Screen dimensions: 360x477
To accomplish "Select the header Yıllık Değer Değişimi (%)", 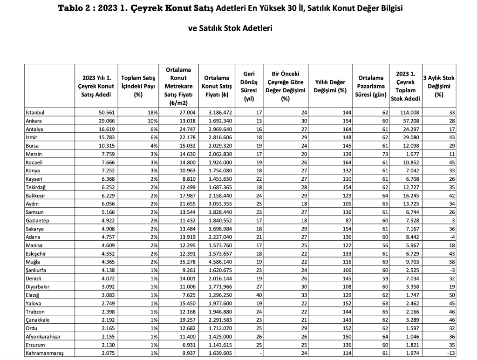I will (330, 86).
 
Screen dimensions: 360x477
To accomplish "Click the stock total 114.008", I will (408, 113).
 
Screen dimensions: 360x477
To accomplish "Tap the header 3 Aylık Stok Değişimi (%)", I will (438, 86).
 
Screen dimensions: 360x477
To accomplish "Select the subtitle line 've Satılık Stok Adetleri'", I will (230, 28).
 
